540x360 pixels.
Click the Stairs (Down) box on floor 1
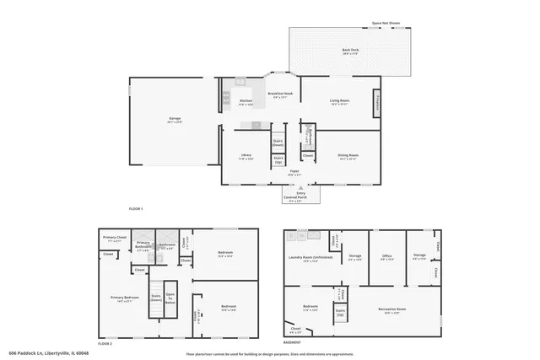278,143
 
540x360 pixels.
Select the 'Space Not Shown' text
386,24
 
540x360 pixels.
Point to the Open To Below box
170,297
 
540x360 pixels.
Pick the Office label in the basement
386,257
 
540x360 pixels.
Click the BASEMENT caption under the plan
292,343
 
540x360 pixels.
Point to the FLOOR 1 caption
136,207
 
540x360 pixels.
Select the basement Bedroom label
310,308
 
